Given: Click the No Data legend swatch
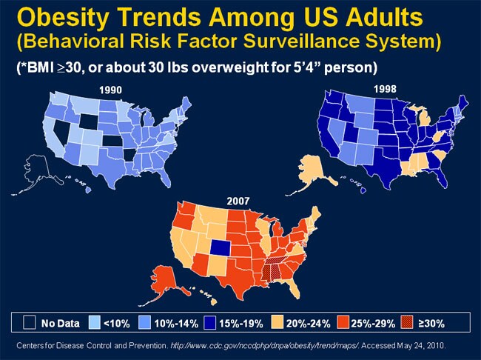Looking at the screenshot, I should [x=30, y=323].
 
